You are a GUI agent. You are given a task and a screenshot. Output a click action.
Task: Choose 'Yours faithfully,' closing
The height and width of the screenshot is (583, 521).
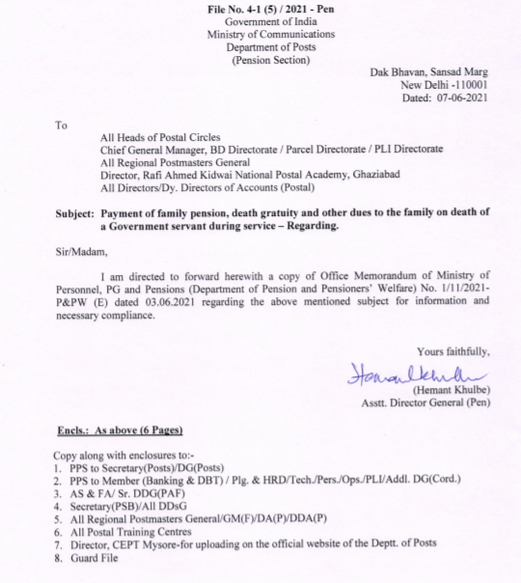pyautogui.click(x=453, y=350)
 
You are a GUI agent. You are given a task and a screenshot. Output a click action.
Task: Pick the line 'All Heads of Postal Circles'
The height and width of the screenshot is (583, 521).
pyautogui.click(x=160, y=137)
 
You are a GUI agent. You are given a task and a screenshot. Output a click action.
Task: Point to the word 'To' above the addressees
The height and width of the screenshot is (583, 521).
pyautogui.click(x=62, y=125)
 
